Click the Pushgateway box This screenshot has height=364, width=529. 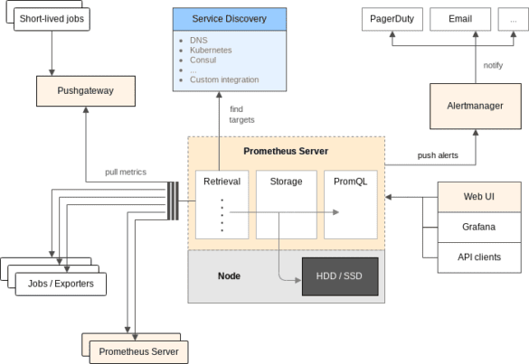pos(87,90)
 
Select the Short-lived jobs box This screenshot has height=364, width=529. pos(52,17)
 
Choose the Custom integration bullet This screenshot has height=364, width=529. pos(224,79)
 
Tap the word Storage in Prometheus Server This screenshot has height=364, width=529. pos(286,181)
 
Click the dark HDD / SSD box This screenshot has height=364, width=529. pos(339,275)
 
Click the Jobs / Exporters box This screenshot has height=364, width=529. pos(61,285)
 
